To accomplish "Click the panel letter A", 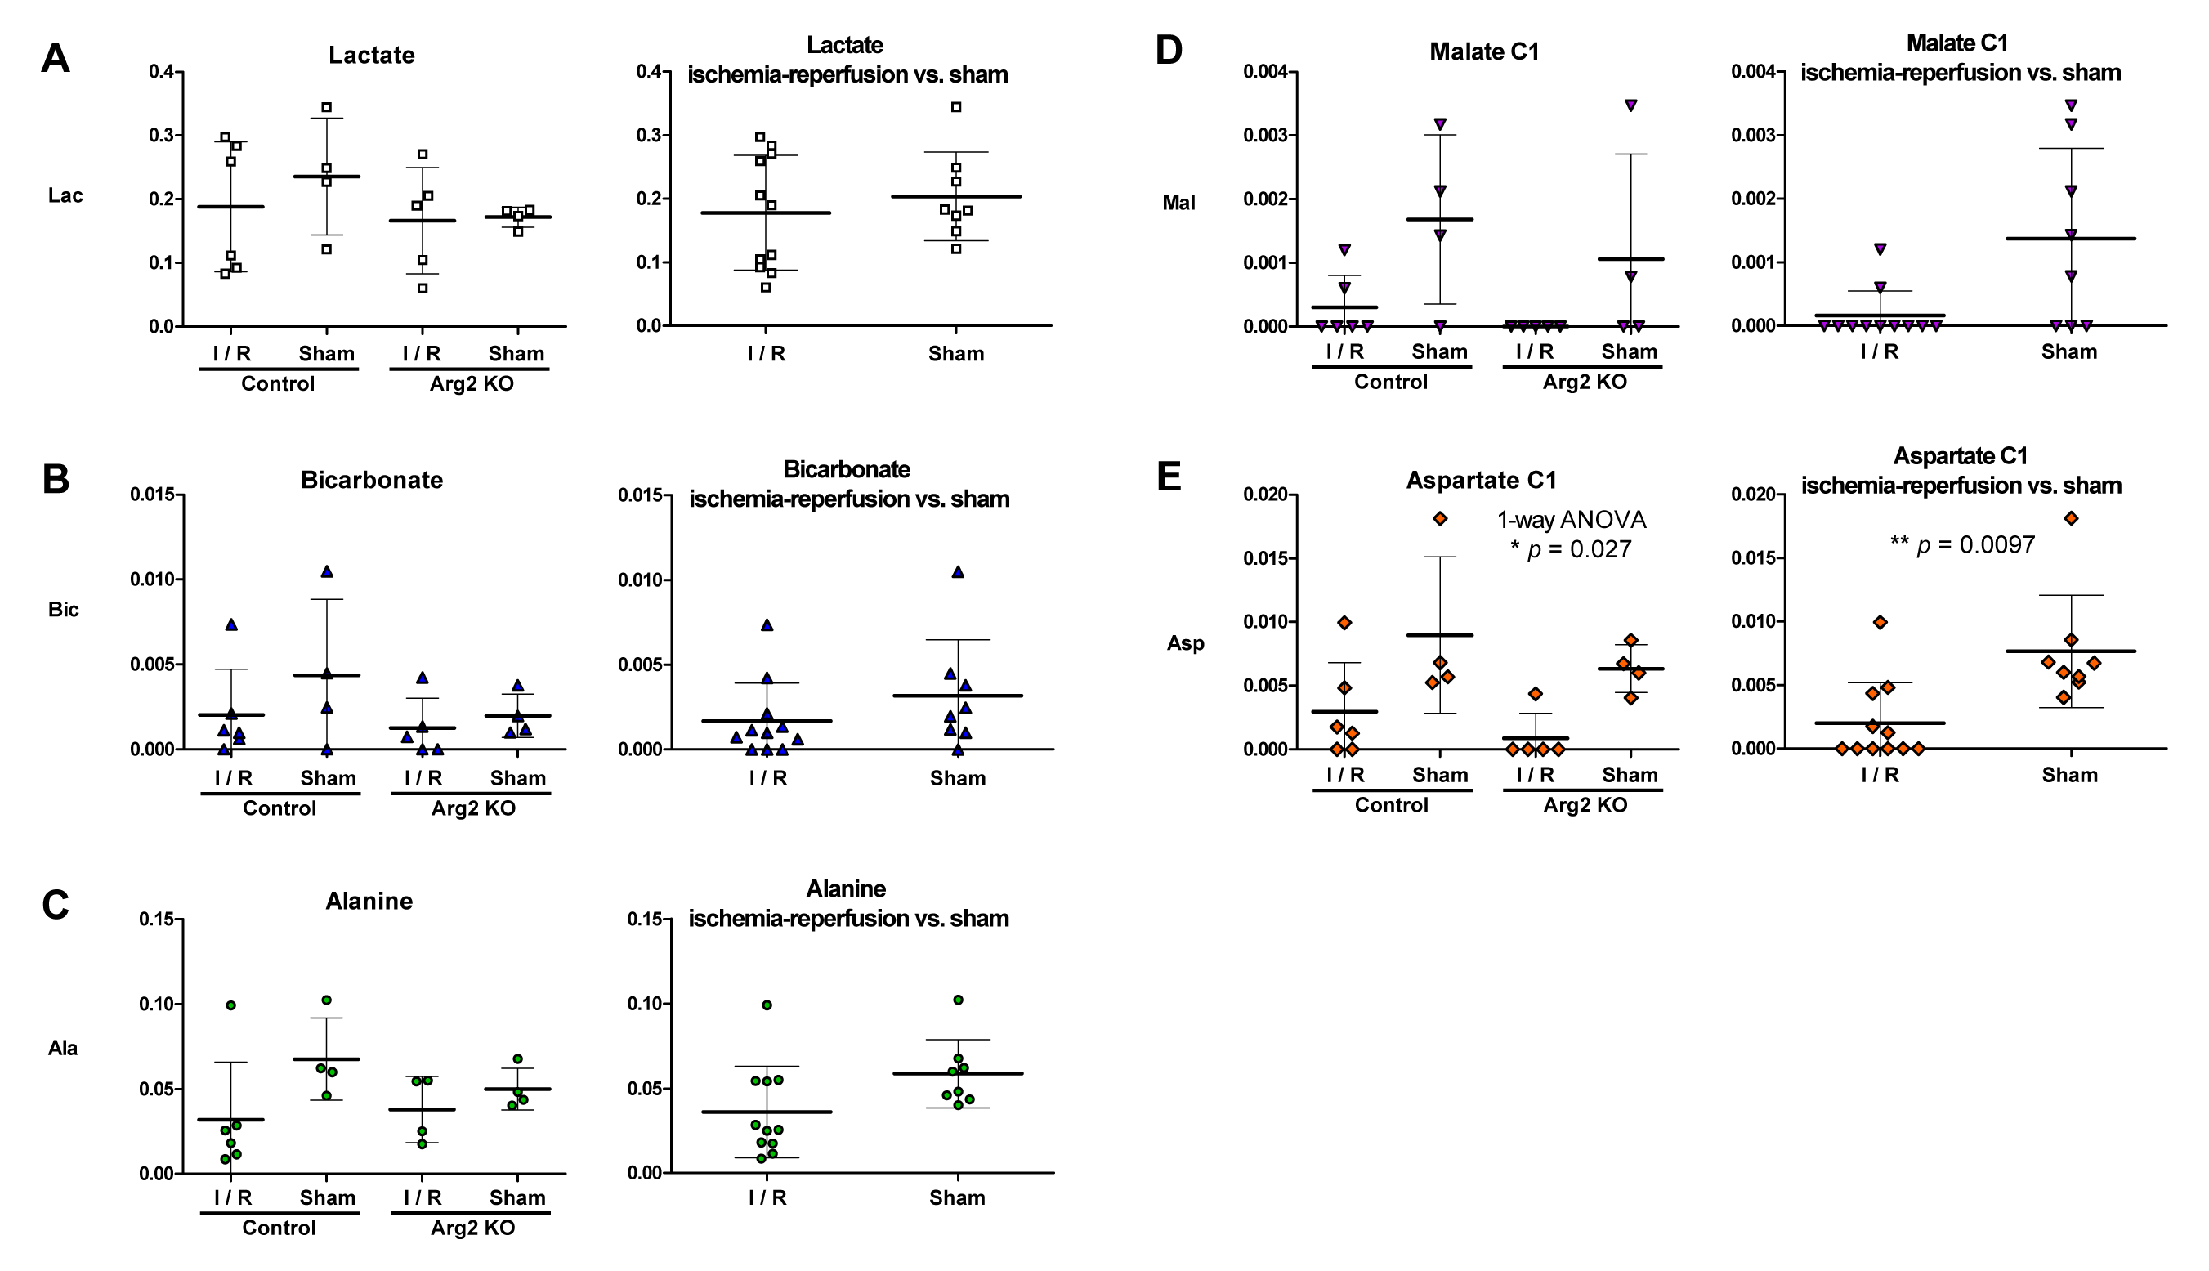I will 55,59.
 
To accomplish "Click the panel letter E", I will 1169,477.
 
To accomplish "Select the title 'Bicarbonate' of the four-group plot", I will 372,480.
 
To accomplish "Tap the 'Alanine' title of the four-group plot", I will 369,901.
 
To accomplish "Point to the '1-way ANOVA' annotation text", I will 1571,521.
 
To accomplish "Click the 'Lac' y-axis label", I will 65,195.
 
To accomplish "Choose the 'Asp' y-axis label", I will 1185,643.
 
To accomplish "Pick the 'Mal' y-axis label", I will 1178,203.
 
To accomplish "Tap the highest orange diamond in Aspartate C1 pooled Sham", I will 2070,518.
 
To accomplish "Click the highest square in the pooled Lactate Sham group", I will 955,107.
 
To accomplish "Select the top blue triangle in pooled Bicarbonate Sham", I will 958,572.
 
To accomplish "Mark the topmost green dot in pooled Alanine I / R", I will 767,1005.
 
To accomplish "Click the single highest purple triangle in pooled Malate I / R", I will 1880,249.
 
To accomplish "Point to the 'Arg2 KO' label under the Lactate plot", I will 472,384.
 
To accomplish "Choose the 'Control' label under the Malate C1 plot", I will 1390,382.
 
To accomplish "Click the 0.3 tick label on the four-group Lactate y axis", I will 161,136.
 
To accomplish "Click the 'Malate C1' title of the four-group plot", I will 1484,52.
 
